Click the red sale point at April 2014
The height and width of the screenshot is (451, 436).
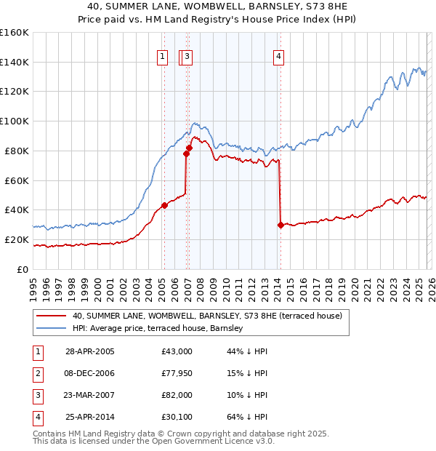coord(280,225)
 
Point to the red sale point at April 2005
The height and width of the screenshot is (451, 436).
coord(164,205)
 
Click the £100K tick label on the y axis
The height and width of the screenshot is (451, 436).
coord(15,121)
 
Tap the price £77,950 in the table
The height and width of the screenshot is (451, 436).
coord(177,373)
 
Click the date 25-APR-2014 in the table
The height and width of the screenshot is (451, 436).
coord(90,417)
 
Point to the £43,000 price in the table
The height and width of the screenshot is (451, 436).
coord(177,351)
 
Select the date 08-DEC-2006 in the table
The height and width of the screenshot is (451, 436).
coord(90,373)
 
